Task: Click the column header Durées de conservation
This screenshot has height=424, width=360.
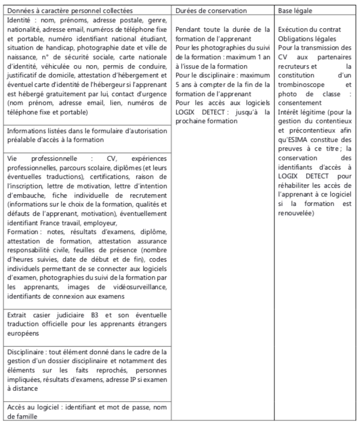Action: click(211, 11)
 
